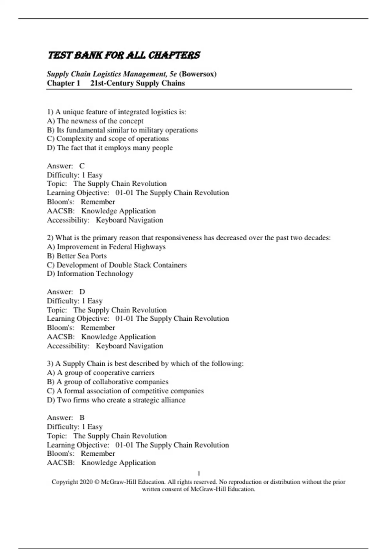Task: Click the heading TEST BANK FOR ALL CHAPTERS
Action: pyautogui.click(x=124, y=55)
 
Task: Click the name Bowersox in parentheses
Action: pyautogui.click(x=198, y=74)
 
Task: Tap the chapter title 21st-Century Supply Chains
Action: pyautogui.click(x=137, y=83)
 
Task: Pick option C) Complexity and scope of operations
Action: pyautogui.click(x=108, y=139)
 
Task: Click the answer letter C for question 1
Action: pyautogui.click(x=82, y=166)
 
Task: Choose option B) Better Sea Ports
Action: pyautogui.click(x=77, y=256)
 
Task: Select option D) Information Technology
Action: pyautogui.click(x=90, y=274)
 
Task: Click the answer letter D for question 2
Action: pyautogui.click(x=82, y=292)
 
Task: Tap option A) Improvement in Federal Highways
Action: pyautogui.click(x=106, y=247)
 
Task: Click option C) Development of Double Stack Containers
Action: pyautogui.click(x=117, y=265)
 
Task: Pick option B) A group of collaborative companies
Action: pyautogui.click(x=108, y=382)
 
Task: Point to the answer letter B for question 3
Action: pyautogui.click(x=82, y=418)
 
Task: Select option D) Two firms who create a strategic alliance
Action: pyautogui.click(x=116, y=400)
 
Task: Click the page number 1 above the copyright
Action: pyautogui.click(x=199, y=473)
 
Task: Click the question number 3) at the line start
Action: pyautogui.click(x=50, y=364)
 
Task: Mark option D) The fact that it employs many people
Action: pyautogui.click(x=110, y=148)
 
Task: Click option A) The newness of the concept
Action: pyautogui.click(x=95, y=121)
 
